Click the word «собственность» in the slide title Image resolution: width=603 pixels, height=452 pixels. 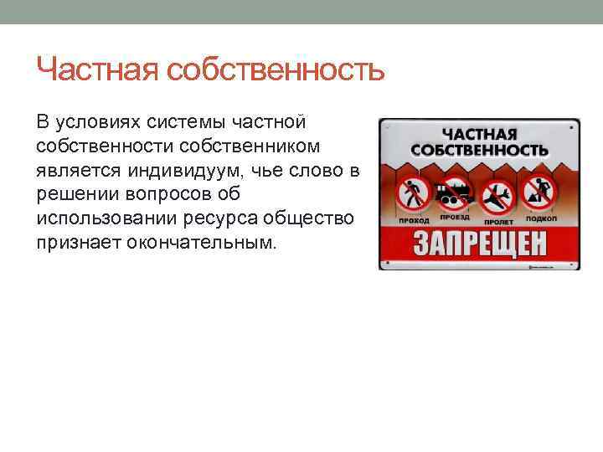276,70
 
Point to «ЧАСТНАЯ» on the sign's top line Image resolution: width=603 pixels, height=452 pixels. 479,134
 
